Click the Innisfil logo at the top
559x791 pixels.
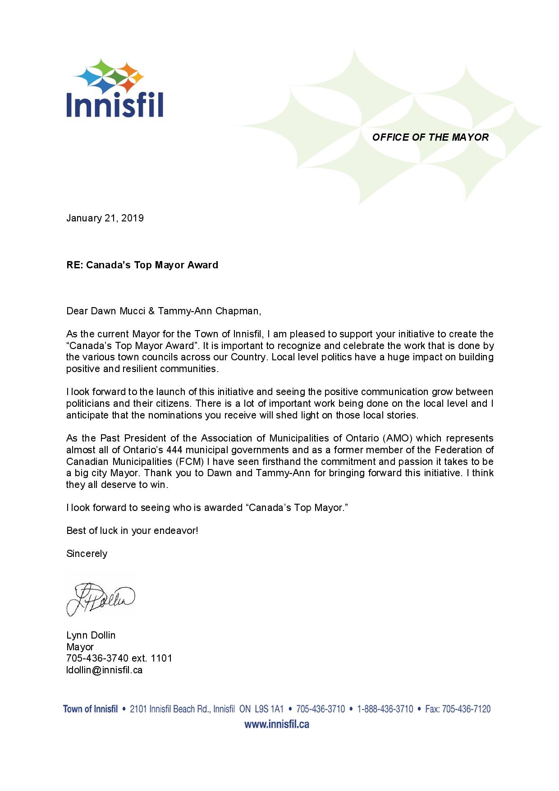pyautogui.click(x=115, y=88)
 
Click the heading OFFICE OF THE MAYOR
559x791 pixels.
pyautogui.click(x=430, y=138)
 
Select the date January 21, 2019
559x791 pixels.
pyautogui.click(x=105, y=218)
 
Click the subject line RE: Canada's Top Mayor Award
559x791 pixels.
pyautogui.click(x=142, y=265)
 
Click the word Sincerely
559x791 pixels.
pyautogui.click(x=87, y=554)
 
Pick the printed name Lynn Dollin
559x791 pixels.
pyautogui.click(x=91, y=635)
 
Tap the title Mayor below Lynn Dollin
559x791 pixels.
pyautogui.click(x=80, y=647)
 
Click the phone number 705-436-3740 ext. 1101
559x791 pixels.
pyautogui.click(x=119, y=658)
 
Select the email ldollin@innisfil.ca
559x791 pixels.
pyautogui.click(x=104, y=670)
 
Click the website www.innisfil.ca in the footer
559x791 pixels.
pyautogui.click(x=276, y=725)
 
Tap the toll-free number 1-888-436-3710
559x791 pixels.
pyautogui.click(x=385, y=709)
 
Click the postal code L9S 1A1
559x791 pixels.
pyautogui.click(x=269, y=709)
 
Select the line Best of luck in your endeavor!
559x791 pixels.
pyautogui.click(x=132, y=531)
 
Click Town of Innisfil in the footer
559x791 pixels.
pyautogui.click(x=90, y=709)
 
